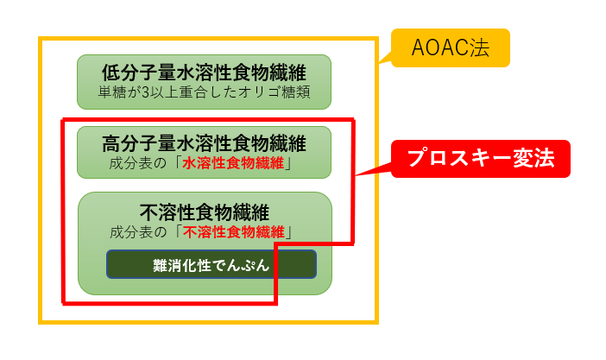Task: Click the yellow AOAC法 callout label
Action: [451, 48]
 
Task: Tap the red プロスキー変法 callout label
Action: [481, 159]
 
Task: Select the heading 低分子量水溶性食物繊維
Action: [204, 73]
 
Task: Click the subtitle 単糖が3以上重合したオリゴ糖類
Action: [204, 92]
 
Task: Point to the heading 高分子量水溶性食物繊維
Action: [204, 143]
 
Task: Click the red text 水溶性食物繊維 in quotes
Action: [237, 163]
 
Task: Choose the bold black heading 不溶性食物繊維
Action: [205, 212]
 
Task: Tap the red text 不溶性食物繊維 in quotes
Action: [237, 231]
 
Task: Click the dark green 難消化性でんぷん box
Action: [211, 265]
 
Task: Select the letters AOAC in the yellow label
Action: [441, 48]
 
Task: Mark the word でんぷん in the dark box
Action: [239, 265]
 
